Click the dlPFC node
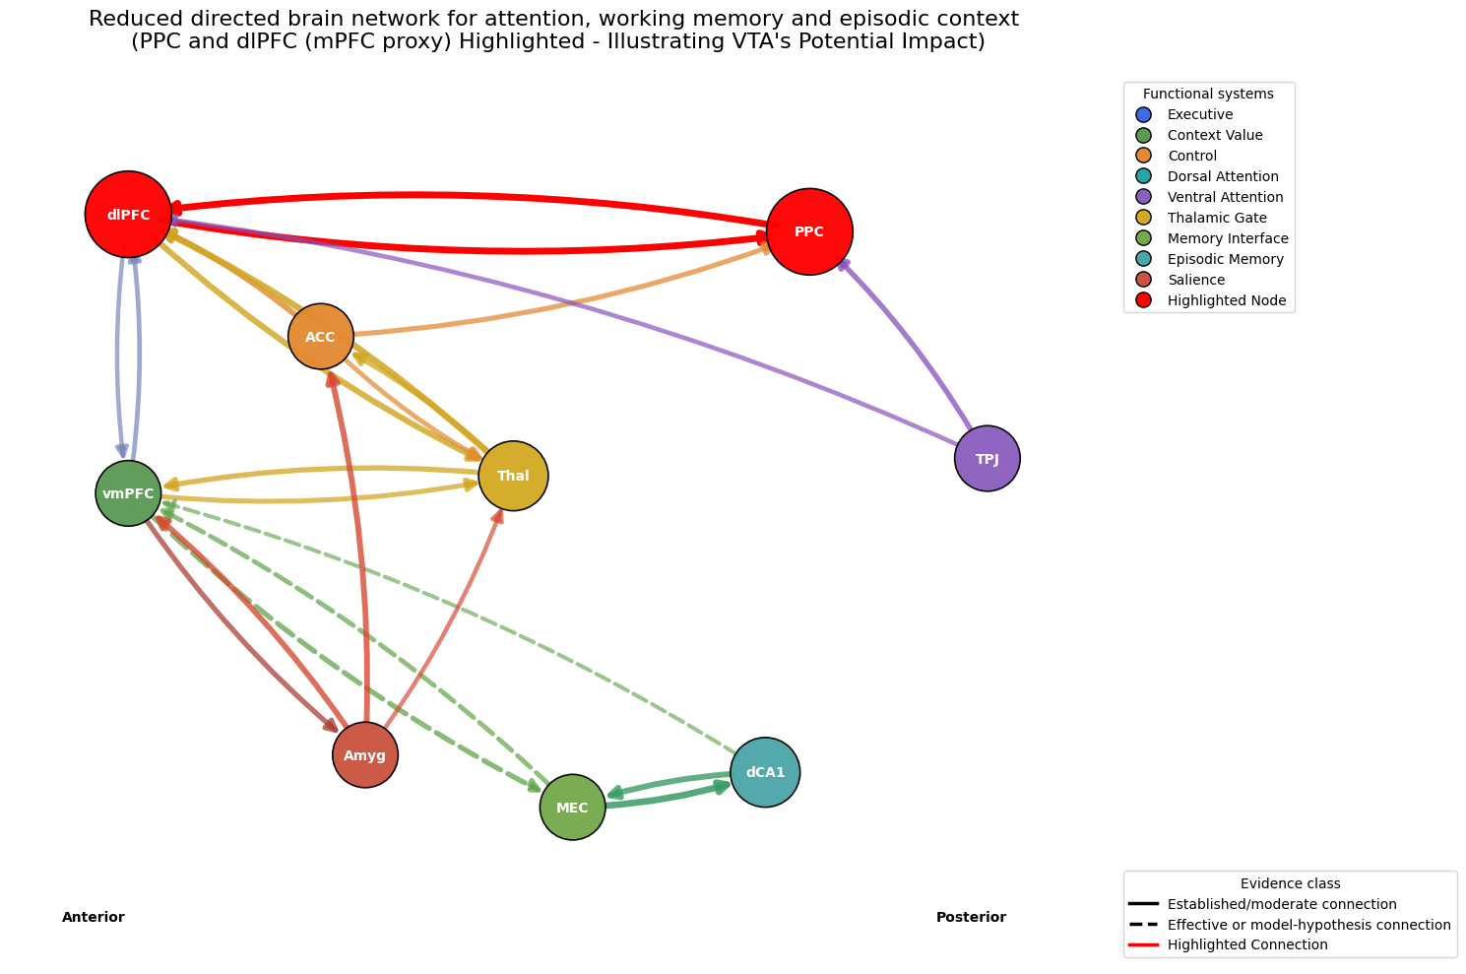128,214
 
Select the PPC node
809,231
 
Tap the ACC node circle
321,337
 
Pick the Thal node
513,476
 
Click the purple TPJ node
988,458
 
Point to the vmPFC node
128,493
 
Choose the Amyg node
365,754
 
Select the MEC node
573,808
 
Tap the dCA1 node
765,772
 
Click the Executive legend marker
1143,114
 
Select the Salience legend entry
1180,280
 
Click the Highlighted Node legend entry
1211,300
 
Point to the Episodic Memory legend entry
1210,259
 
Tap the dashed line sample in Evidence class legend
1143,924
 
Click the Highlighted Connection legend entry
1229,944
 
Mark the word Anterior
93,917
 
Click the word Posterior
971,917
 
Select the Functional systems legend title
1208,94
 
